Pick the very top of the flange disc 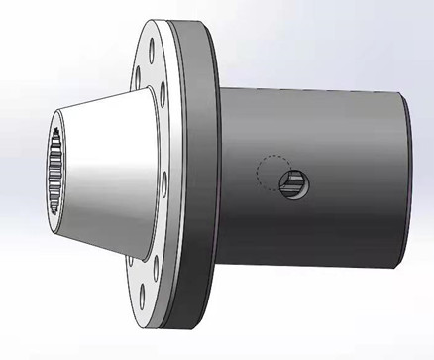[x=168, y=19]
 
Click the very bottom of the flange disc [x=168, y=328]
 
